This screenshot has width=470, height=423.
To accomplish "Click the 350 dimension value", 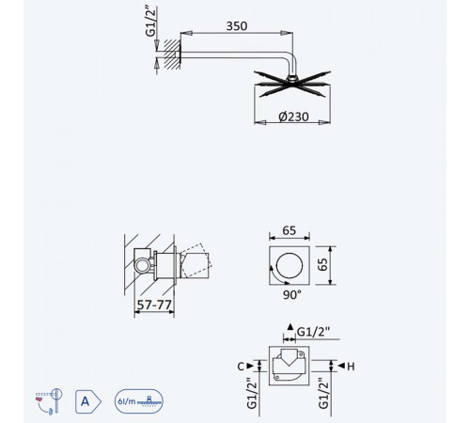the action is point(237,25).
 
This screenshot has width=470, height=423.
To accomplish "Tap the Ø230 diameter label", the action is point(293,117).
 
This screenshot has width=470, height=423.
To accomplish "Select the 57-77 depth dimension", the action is point(154,305).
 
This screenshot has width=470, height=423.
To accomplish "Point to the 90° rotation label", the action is point(291,294).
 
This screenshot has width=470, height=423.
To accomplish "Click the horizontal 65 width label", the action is point(289,230).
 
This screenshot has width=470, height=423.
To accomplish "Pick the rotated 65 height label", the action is point(322,264).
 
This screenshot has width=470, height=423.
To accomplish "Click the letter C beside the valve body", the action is point(241,367).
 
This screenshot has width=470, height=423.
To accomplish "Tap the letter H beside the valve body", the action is point(351,367).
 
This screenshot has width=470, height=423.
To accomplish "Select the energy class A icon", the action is point(88,401).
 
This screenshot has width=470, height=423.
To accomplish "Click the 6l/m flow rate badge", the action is point(139,401).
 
